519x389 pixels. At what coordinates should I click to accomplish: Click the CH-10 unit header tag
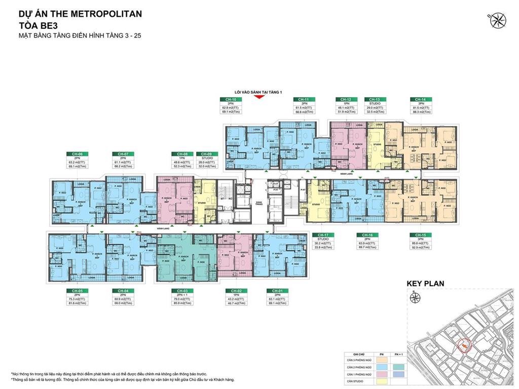[231, 99]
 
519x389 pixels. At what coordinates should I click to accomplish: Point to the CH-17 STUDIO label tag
[322, 235]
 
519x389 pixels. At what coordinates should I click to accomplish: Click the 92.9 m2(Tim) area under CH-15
[420, 247]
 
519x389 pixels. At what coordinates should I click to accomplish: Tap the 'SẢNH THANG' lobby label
[259, 203]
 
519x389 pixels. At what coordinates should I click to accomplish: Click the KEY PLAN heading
[425, 284]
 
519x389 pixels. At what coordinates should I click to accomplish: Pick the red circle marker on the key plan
[463, 346]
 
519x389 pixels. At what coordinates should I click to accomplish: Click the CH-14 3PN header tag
[420, 99]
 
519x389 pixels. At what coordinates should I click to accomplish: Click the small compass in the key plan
[415, 297]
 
